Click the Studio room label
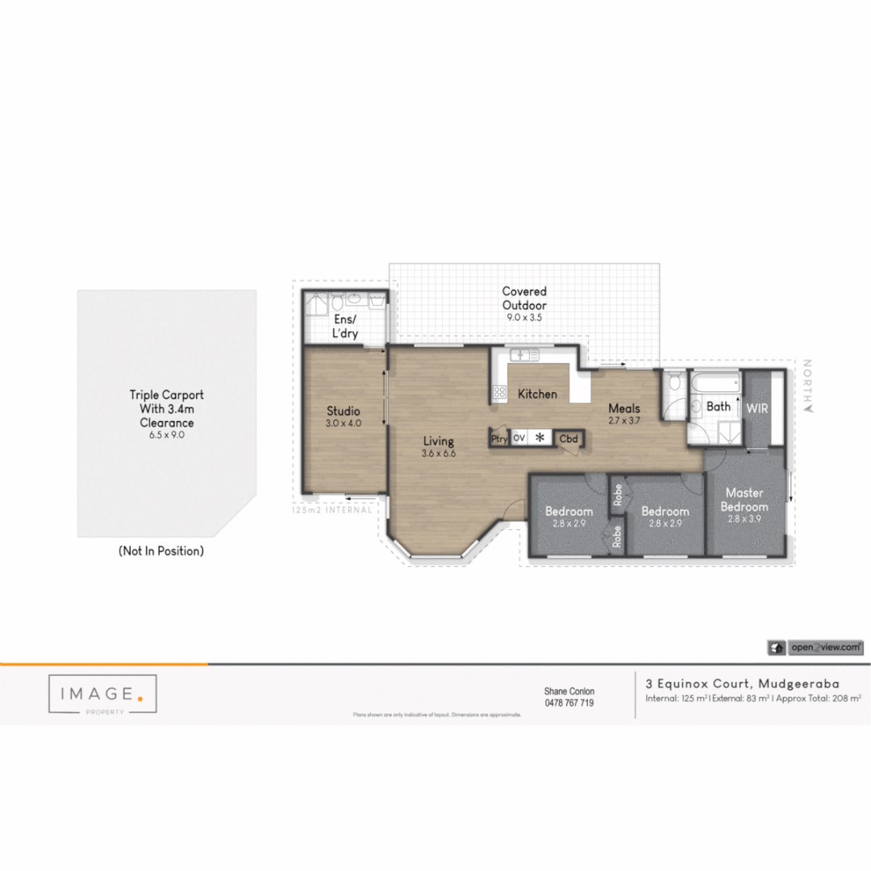pos(343,411)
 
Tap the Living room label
pos(439,442)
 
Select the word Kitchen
pos(537,394)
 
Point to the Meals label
pos(624,408)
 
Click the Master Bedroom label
pos(744,499)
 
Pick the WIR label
pos(757,409)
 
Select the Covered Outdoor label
pos(524,298)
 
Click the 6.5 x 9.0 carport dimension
pos(167,435)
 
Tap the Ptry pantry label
pos(499,439)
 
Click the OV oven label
pos(519,439)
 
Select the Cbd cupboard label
pos(569,439)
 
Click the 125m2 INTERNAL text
pos(331,510)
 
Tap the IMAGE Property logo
pos(102,694)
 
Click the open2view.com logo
pos(816,647)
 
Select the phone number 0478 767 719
pos(569,703)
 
